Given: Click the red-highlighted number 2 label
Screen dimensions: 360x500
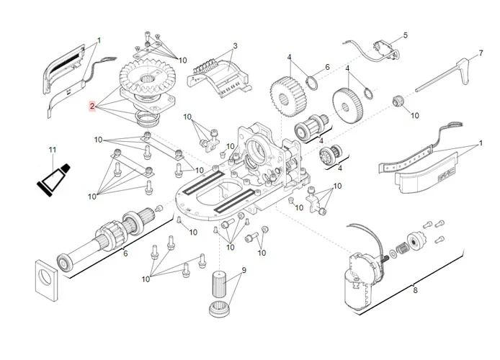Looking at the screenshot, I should (92, 107).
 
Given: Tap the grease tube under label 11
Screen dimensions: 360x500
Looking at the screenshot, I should (55, 179).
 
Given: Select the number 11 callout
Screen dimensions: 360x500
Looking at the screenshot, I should (51, 150).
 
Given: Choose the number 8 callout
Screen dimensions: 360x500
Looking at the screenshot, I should (414, 290).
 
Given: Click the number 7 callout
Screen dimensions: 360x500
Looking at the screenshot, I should (481, 55).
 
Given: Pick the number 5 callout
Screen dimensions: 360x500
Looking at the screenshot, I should (405, 35).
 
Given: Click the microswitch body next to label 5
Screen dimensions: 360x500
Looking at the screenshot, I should (384, 48).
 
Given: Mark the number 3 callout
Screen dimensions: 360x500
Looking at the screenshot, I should (234, 47).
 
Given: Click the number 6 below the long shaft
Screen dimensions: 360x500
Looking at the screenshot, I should (125, 253).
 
